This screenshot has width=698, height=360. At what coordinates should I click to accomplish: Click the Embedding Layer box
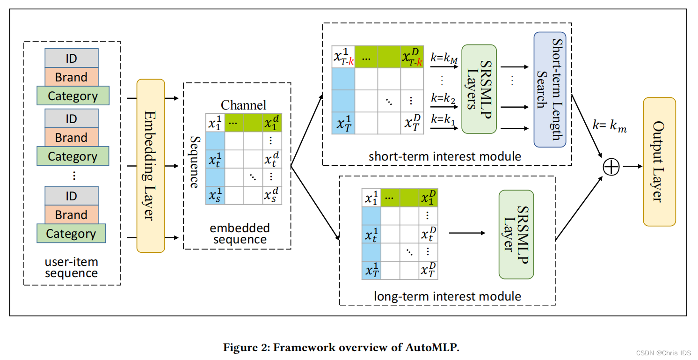tap(151, 166)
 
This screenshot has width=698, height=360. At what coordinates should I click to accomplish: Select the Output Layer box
tap(659, 162)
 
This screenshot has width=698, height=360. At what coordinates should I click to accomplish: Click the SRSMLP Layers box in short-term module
tap(479, 89)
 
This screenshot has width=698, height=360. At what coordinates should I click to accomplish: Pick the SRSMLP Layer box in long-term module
tap(516, 234)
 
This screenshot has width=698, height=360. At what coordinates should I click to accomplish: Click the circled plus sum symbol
tap(611, 166)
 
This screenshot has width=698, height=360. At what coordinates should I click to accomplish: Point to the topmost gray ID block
tap(71, 59)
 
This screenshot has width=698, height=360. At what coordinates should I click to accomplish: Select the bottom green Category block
tap(71, 234)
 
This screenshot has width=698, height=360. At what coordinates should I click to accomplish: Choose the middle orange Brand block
tap(71, 138)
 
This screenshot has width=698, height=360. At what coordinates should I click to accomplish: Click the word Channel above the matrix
tap(243, 105)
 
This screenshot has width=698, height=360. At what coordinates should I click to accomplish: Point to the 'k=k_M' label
tap(444, 59)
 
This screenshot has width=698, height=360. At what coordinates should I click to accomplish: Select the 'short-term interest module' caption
tap(444, 156)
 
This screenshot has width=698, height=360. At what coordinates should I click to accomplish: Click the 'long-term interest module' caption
tap(447, 296)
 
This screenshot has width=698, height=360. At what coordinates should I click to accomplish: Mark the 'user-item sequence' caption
tap(71, 268)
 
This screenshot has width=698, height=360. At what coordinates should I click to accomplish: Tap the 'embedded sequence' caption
tap(240, 234)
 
